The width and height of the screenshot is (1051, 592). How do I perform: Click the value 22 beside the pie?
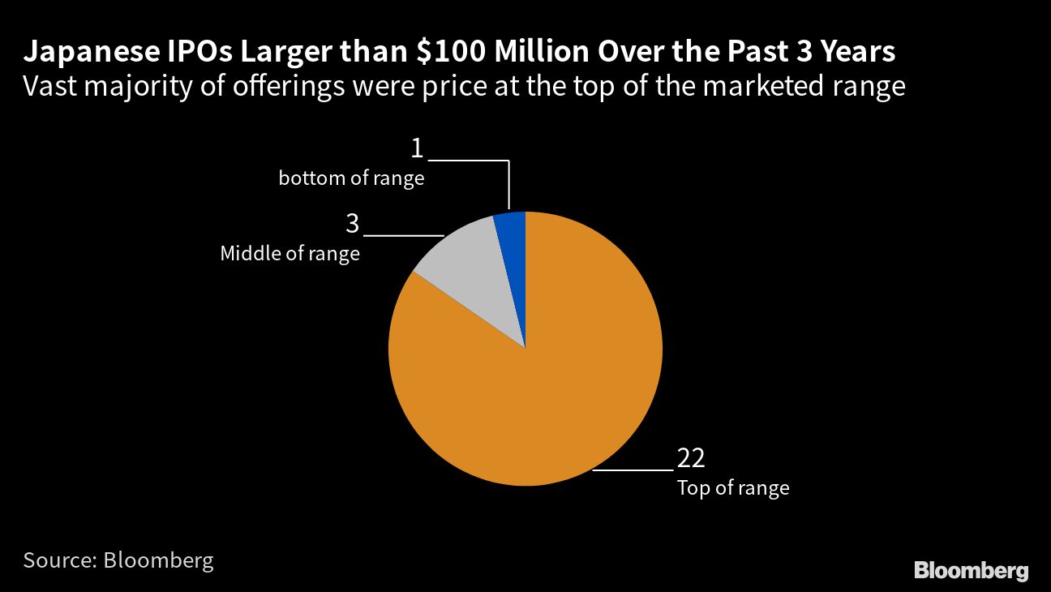click(x=691, y=458)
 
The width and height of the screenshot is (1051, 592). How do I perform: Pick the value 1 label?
click(x=417, y=148)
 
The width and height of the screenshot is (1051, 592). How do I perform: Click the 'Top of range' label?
click(x=733, y=488)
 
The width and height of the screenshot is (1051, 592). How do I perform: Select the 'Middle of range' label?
click(x=290, y=254)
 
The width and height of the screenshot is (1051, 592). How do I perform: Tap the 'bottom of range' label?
click(x=351, y=178)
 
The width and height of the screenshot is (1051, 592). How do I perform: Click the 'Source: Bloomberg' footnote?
click(x=118, y=560)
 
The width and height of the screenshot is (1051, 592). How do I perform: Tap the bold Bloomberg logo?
click(x=971, y=570)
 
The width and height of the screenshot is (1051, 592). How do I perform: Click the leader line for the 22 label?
click(x=633, y=470)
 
